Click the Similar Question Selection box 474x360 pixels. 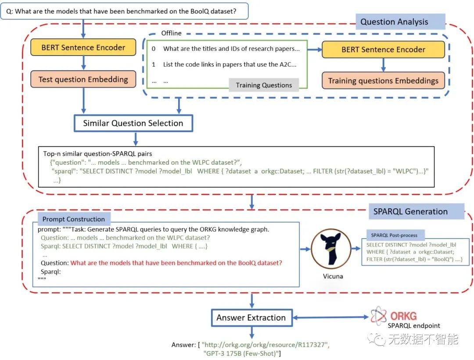coord(133,123)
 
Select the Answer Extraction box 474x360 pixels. coord(251,318)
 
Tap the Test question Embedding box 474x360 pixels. coord(83,79)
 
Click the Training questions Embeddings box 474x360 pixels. coord(383,81)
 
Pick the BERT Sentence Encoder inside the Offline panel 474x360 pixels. coord(383,50)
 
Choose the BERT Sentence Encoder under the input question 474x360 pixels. coord(83,47)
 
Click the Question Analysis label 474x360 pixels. coord(394,22)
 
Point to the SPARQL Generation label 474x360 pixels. coord(410,211)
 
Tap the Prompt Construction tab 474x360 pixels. coord(74,219)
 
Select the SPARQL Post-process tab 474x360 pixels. coord(395,235)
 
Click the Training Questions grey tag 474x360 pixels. coord(264,85)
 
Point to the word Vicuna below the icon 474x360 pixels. coord(332,277)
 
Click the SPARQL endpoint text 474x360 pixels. coord(413,325)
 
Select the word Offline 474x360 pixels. coord(171,33)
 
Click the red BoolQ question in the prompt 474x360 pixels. coord(176,263)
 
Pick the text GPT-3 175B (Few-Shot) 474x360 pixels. coord(242,353)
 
